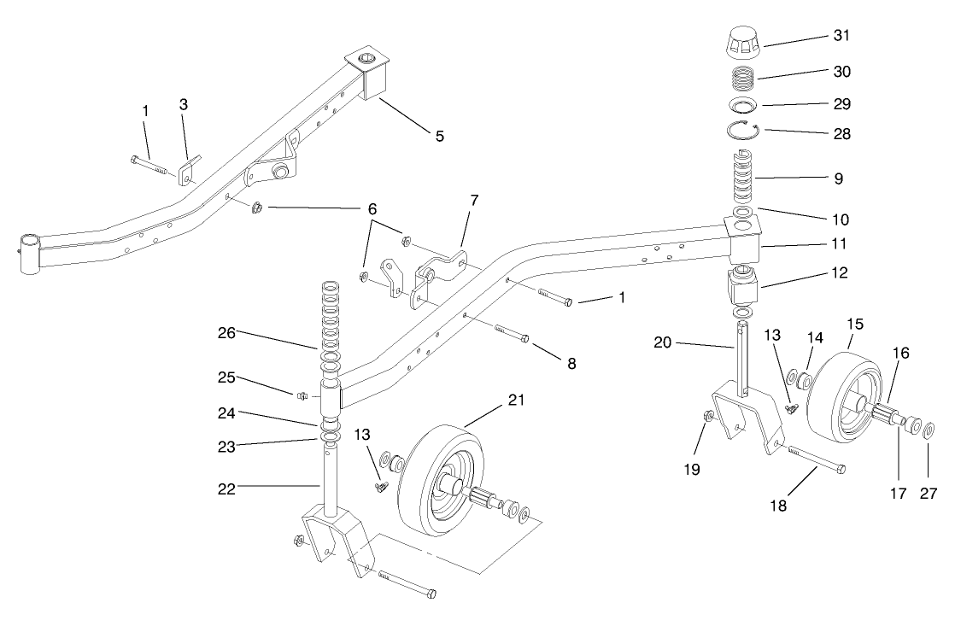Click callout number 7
474,200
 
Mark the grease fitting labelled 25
301,395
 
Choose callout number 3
184,104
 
